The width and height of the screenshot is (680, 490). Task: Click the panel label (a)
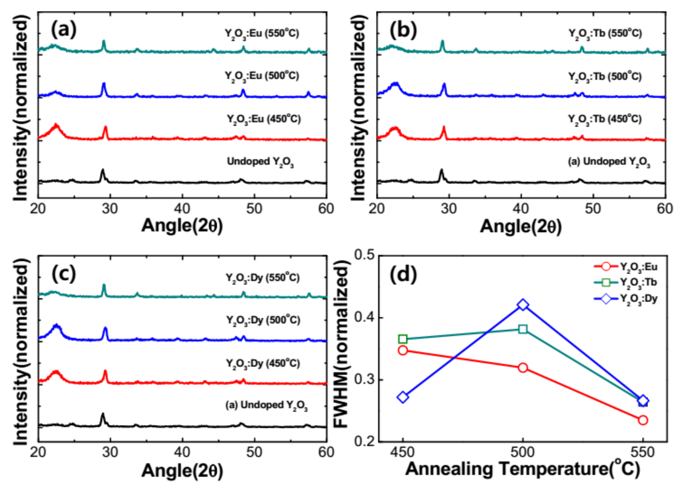(x=64, y=30)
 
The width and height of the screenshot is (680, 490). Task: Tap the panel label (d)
(x=403, y=274)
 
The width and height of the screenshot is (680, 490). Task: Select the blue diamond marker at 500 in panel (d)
(x=523, y=305)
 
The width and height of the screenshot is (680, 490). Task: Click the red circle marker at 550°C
(x=642, y=420)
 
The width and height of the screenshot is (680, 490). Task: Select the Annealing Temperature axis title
(x=522, y=469)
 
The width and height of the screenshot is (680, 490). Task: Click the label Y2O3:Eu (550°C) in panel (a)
(x=262, y=34)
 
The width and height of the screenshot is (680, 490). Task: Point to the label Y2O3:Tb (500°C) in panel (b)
(x=605, y=77)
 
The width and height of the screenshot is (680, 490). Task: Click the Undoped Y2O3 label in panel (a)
(x=260, y=162)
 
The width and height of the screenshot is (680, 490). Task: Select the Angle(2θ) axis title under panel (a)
(x=182, y=226)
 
